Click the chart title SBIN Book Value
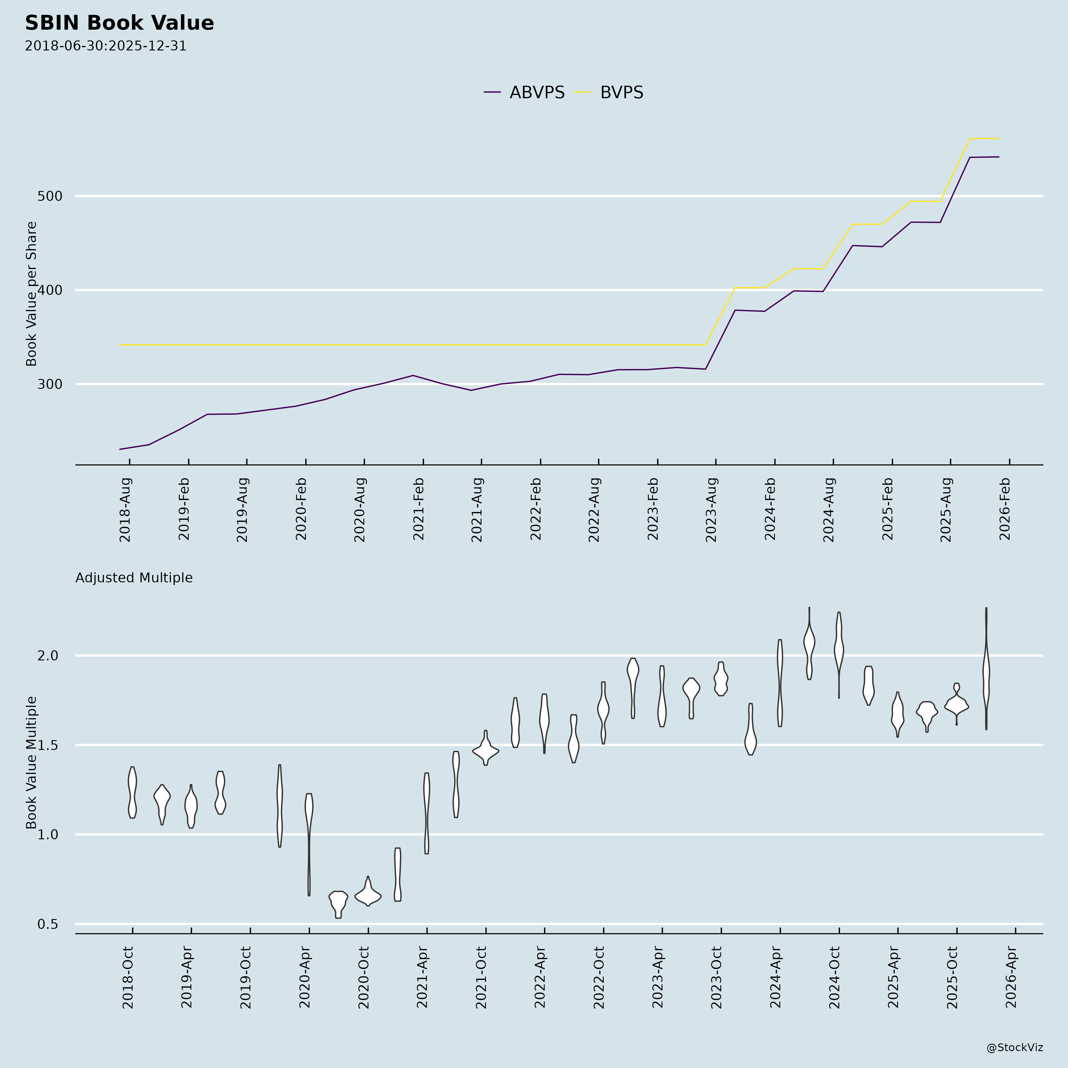[x=119, y=23]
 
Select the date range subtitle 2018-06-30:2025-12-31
[x=106, y=46]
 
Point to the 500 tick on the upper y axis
[x=50, y=196]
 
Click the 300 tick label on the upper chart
[x=50, y=384]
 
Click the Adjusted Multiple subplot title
[x=134, y=578]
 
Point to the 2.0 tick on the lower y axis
[x=47, y=656]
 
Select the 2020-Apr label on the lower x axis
[x=305, y=977]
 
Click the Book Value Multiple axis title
[x=31, y=763]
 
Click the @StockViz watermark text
[x=1015, y=1048]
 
